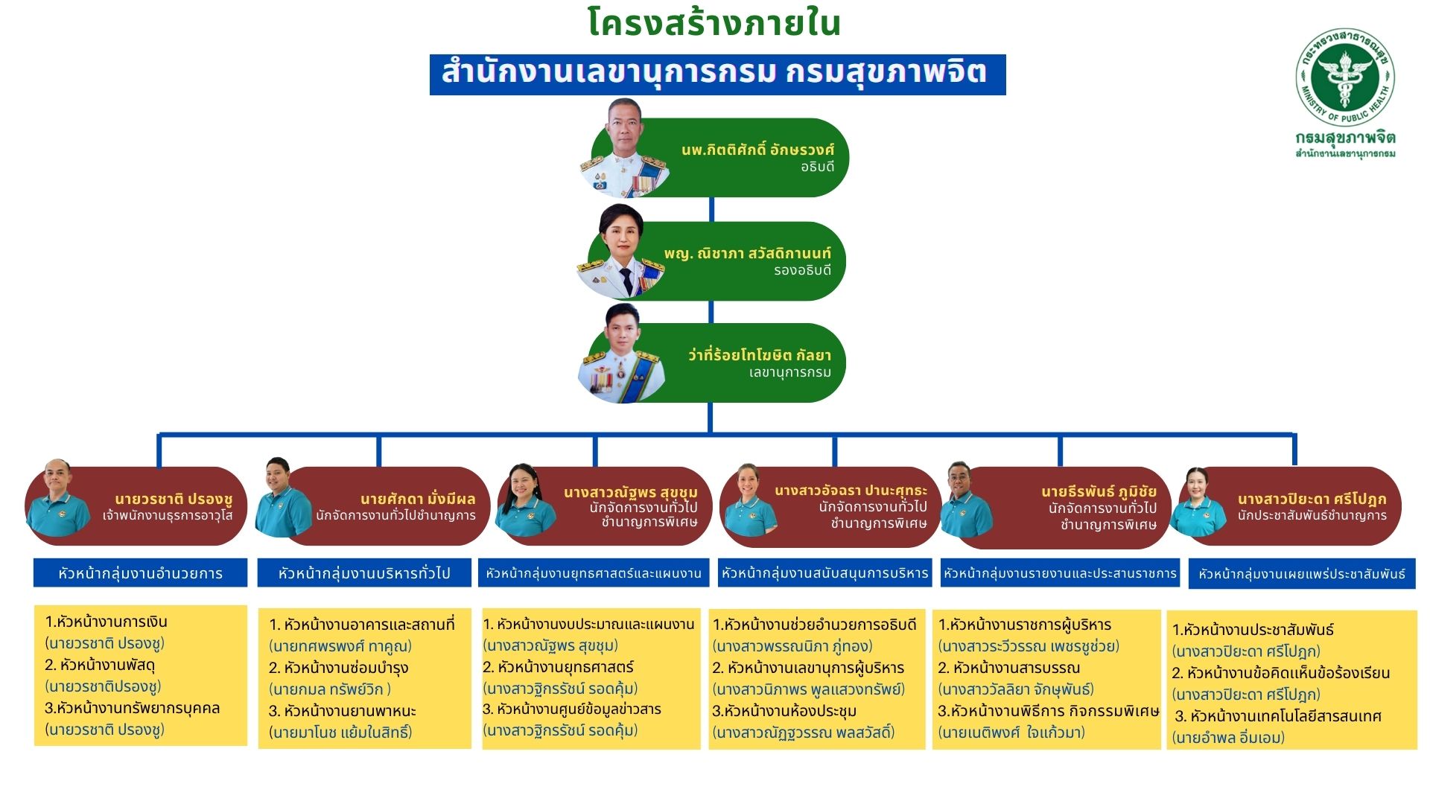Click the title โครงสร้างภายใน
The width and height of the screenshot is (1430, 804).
coord(714,23)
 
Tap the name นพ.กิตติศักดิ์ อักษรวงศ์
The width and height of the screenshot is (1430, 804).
coord(757,150)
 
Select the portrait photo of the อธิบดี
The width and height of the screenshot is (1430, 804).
coord(624,148)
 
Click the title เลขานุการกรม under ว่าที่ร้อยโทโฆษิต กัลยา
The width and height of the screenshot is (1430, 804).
coord(789,372)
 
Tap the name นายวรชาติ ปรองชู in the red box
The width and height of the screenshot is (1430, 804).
coord(174,499)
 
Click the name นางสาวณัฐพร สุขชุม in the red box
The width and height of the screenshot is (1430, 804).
coord(630,492)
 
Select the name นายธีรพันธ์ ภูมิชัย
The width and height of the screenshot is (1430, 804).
coord(1099,491)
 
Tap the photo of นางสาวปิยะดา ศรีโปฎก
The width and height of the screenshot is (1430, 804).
coord(1197,501)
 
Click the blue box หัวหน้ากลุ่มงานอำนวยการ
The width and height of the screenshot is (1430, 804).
coord(140,573)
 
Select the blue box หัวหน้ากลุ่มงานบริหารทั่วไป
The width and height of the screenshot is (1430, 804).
coord(364,573)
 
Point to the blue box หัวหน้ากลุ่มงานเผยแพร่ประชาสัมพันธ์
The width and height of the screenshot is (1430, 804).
coord(1301,574)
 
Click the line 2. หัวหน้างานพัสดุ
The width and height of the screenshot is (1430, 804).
coord(100,665)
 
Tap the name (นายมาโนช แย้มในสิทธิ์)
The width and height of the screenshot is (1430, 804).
coord(340,733)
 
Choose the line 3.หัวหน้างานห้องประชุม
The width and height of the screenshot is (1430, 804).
coord(784,711)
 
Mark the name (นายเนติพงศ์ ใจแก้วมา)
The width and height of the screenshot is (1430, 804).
coord(1011,733)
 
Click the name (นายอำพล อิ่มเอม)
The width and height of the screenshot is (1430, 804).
coord(1228,738)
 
